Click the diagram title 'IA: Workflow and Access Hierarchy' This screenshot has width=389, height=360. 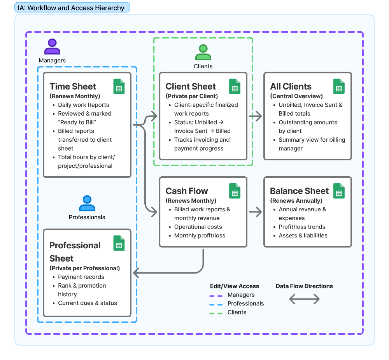click(x=72, y=7)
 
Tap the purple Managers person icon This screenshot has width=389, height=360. click(x=52, y=47)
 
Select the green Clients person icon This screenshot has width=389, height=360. click(x=203, y=53)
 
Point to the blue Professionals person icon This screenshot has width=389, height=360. click(x=87, y=204)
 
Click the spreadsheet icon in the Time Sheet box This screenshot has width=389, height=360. click(x=119, y=86)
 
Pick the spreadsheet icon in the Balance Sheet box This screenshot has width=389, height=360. click(x=339, y=191)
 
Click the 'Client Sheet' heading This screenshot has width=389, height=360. click(x=191, y=86)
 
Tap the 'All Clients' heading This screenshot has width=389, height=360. click(x=291, y=86)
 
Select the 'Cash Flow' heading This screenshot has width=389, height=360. click(x=187, y=191)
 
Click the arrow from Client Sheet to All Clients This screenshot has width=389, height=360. click(x=255, y=116)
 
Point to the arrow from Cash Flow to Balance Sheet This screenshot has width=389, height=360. click(x=255, y=212)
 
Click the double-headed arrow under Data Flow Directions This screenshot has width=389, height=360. click(x=304, y=299)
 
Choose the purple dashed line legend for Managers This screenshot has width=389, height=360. click(x=216, y=295)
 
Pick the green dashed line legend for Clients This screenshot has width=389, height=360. click(x=216, y=312)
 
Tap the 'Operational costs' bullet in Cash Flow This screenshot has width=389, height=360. click(x=198, y=227)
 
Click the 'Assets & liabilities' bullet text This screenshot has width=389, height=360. click(x=303, y=235)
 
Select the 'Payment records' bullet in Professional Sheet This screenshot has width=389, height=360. click(x=81, y=277)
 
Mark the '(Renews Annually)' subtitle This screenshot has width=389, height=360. click(x=296, y=201)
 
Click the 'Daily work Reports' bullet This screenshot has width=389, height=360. click(x=84, y=105)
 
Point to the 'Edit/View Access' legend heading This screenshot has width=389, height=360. click(x=235, y=286)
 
